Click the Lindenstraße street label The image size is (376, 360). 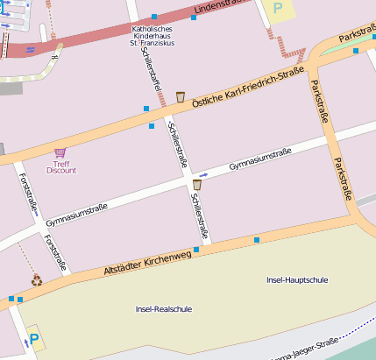[221, 8]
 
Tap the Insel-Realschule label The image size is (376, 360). [164, 309]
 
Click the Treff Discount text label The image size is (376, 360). [60, 166]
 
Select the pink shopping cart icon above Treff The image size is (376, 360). [60, 152]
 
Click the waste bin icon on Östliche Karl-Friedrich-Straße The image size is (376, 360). [181, 96]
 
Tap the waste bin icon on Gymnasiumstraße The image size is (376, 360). [196, 184]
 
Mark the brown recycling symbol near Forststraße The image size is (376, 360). [37, 280]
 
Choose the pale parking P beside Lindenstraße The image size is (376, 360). [279, 7]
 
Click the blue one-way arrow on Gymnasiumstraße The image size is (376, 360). [203, 175]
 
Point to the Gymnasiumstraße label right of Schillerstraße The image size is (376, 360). [259, 159]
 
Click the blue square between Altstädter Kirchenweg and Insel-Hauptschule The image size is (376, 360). [257, 240]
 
